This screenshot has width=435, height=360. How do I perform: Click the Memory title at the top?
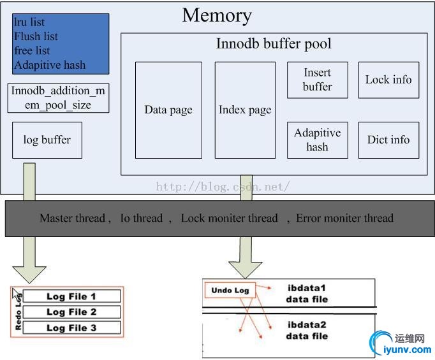[x=217, y=15]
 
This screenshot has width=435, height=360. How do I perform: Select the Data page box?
[x=168, y=110]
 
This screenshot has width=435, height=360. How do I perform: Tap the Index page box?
[x=245, y=110]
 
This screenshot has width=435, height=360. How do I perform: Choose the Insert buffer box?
[x=317, y=80]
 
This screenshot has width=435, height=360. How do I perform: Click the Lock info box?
[x=388, y=80]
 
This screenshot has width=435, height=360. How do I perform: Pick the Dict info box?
[x=388, y=140]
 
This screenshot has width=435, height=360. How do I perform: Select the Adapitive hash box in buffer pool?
[x=317, y=140]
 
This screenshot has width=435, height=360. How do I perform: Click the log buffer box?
[x=47, y=140]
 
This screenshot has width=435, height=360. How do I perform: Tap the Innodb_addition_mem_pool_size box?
[x=58, y=97]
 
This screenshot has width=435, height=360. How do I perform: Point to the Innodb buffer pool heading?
[x=274, y=45]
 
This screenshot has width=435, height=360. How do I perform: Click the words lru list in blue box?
[x=29, y=22]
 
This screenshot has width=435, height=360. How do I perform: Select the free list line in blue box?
[x=32, y=50]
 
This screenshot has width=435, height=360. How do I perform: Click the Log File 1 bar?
[x=71, y=296]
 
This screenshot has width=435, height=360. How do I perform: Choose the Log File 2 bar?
[x=71, y=312]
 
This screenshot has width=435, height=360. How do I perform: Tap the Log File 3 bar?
[x=71, y=328]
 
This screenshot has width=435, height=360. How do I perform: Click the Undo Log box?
[x=230, y=291]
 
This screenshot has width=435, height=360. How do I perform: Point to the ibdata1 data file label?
[x=306, y=292]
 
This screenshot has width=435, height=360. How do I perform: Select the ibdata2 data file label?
[x=306, y=330]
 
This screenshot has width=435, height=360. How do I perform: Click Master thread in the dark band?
[x=72, y=218]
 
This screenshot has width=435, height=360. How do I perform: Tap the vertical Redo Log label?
[x=18, y=312]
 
